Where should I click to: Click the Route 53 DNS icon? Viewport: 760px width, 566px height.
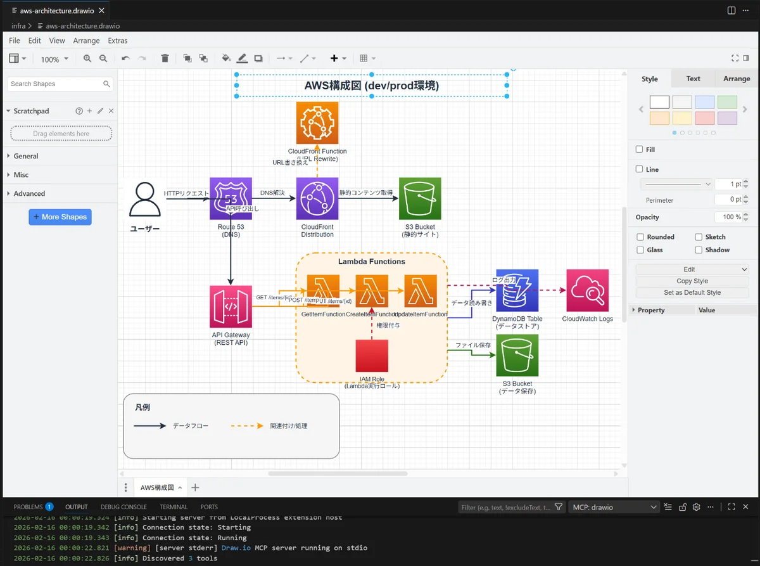coord(231,198)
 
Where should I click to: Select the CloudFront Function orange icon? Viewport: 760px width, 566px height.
coord(317,123)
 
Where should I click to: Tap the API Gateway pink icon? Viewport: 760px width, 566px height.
coord(231,306)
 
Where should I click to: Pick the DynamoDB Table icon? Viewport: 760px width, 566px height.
coord(517,290)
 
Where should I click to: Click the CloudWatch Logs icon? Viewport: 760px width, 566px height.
coord(587,290)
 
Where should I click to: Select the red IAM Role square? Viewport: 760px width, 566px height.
coord(372,356)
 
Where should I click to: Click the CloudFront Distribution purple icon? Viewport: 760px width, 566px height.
coord(317,198)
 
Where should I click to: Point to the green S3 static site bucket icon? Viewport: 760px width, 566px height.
coord(420,198)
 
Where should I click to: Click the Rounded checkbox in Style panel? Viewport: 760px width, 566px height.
coord(640,237)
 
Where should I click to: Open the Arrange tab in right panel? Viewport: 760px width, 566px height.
coord(736,79)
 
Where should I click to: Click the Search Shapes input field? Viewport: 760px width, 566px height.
coord(56,84)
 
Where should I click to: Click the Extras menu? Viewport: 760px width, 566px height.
coord(118,41)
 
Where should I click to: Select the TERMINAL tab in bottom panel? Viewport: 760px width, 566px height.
coord(174,507)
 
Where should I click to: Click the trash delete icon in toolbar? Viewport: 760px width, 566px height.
coord(165,58)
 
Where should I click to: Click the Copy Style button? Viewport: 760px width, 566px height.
coord(692,281)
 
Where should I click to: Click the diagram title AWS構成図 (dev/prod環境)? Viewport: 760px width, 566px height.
coord(372,86)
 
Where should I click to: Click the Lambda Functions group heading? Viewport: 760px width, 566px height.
coord(372,261)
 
